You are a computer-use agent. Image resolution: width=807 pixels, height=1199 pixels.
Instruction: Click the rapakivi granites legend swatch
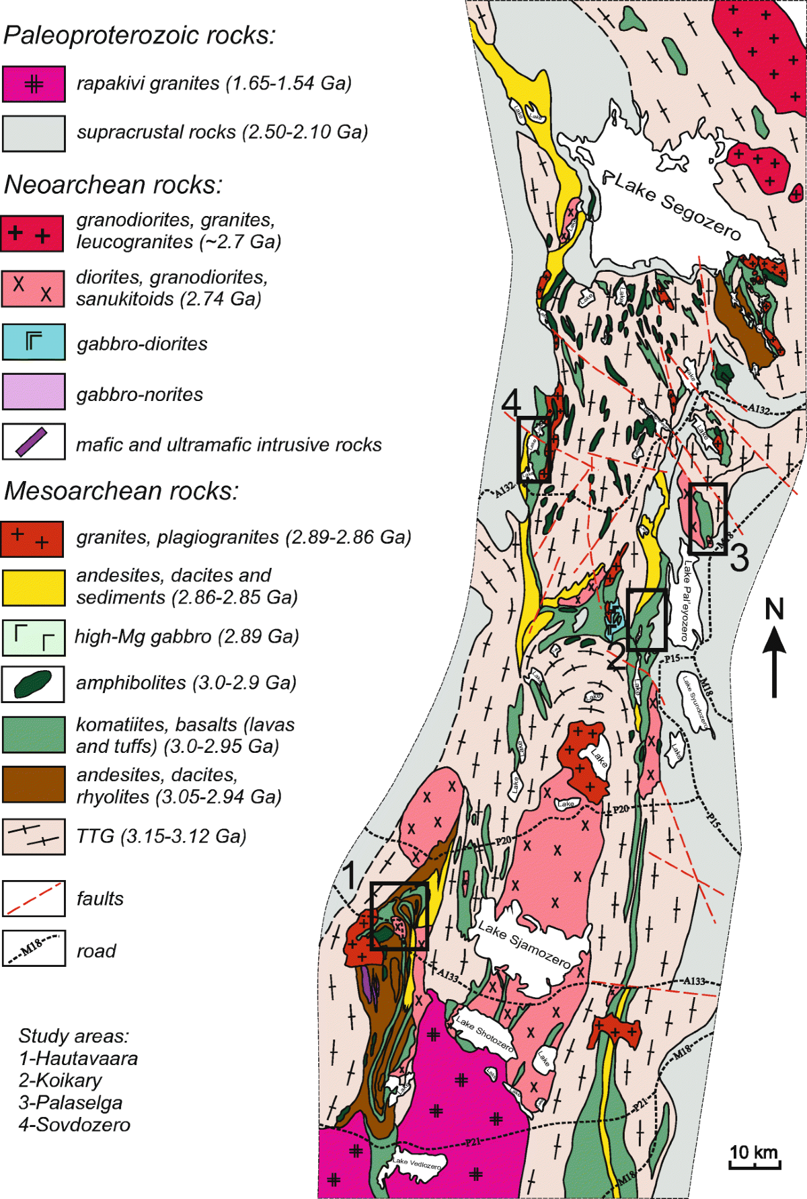[x=34, y=84]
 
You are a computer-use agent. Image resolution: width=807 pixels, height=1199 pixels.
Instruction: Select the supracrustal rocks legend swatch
[x=34, y=133]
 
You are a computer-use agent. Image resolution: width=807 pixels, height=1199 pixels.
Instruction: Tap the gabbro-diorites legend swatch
[x=34, y=342]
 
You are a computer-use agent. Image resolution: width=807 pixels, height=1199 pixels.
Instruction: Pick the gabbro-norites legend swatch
[x=34, y=392]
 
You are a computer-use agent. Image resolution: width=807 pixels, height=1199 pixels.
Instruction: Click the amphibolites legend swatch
[x=34, y=684]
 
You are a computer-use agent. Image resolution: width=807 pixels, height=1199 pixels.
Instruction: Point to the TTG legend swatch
[x=34, y=836]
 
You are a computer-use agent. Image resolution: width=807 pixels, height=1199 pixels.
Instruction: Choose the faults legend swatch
[x=34, y=898]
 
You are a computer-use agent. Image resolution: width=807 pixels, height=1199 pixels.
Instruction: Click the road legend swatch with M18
[x=34, y=948]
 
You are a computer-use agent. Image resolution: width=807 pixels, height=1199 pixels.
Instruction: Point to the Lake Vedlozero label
[x=418, y=1163]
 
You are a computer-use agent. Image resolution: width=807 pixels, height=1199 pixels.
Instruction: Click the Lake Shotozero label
[x=484, y=1033]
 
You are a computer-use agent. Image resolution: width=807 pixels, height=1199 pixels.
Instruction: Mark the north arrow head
[x=774, y=640]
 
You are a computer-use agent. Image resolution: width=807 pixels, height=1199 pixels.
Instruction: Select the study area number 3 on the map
[x=739, y=558]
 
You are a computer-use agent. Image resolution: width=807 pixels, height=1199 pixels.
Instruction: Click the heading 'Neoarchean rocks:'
[x=113, y=184]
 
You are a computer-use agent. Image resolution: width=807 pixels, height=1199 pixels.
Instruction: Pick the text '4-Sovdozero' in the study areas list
[x=75, y=1124]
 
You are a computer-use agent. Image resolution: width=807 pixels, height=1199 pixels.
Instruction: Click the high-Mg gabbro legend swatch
[x=34, y=637]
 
